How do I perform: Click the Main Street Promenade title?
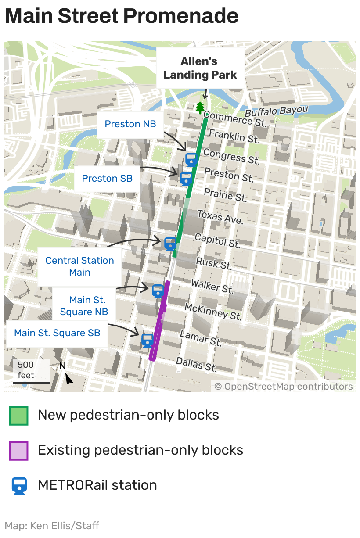[122, 16]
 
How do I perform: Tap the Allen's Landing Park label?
[200, 68]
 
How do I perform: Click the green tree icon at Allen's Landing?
[200, 108]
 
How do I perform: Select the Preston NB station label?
[130, 124]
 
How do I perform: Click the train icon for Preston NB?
[191, 159]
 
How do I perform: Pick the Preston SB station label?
[107, 179]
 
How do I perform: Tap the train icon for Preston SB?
[186, 178]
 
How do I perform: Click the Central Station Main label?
[79, 266]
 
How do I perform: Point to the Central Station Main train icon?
[170, 243]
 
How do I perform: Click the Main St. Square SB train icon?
[147, 340]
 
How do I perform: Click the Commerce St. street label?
[235, 119]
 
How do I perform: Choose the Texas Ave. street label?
[220, 217]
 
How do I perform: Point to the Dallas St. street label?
[196, 364]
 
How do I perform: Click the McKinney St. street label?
[213, 311]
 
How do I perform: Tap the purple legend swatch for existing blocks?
[19, 451]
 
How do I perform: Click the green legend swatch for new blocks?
[19, 416]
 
